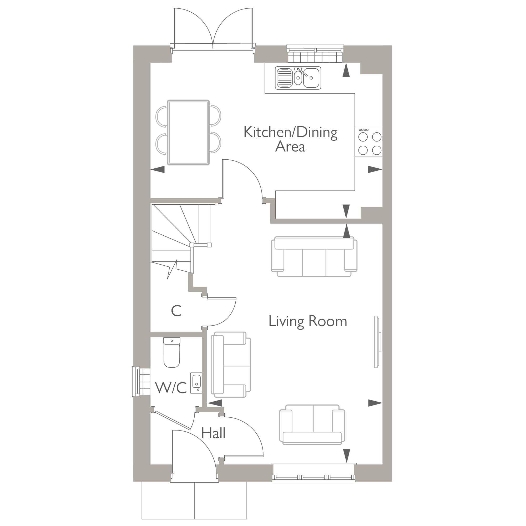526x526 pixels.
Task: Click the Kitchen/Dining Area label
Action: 290,139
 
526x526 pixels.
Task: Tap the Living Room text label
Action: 308,322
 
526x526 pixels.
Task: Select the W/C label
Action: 171,388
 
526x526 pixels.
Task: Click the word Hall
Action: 213,433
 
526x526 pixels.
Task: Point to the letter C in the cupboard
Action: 176,311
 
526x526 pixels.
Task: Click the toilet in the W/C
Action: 172,353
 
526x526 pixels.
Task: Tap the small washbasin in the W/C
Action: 196,382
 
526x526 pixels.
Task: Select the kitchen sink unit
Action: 298,78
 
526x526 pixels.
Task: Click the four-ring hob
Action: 369,142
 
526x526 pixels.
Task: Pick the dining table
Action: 188,133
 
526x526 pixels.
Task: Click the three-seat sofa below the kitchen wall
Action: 314,257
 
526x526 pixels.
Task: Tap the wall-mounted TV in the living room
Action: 377,342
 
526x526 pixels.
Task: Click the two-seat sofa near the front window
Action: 312,425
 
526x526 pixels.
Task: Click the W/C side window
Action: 141,381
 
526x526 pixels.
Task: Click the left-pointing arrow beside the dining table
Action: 158,169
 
